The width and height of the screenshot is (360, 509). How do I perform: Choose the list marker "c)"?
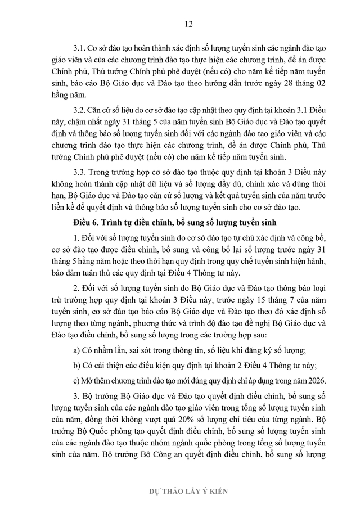click(x=77, y=379)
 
